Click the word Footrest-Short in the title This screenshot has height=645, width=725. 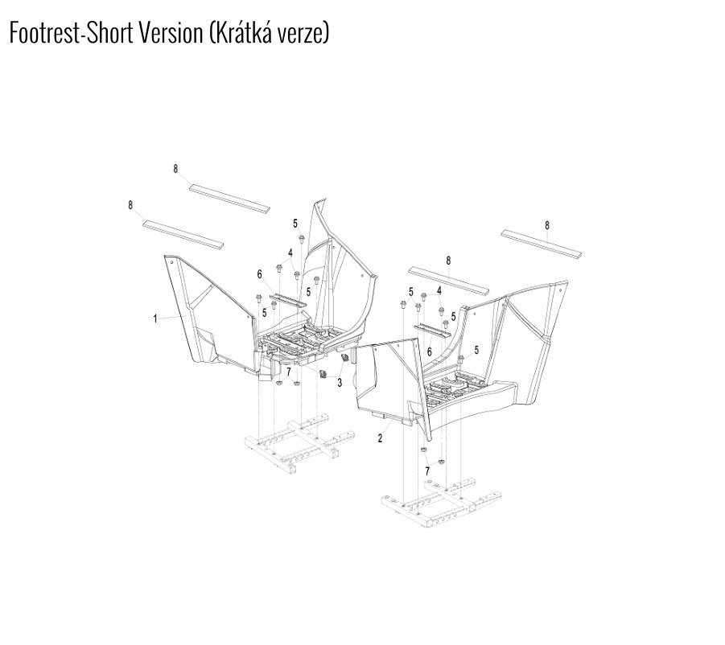pyautogui.click(x=71, y=33)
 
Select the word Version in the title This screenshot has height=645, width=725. pyautogui.click(x=171, y=33)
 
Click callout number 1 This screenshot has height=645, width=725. pyautogui.click(x=154, y=318)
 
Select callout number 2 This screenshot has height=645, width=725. pyautogui.click(x=380, y=438)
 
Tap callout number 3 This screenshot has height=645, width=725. pyautogui.click(x=340, y=383)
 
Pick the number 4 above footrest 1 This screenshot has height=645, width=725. pyautogui.click(x=290, y=253)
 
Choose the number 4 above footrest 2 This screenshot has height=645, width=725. pyautogui.click(x=439, y=290)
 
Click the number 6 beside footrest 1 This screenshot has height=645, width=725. pyautogui.click(x=259, y=275)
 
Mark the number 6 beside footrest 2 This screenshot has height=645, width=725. pyautogui.click(x=429, y=352)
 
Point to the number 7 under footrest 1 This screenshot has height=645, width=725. pyautogui.click(x=289, y=372)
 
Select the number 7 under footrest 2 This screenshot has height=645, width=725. pyautogui.click(x=427, y=470)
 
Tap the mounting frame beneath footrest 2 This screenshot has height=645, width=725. pyautogui.click(x=442, y=503)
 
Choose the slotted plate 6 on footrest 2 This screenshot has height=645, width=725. pyautogui.click(x=432, y=331)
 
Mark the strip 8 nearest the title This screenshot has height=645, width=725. pyautogui.click(x=229, y=198)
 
